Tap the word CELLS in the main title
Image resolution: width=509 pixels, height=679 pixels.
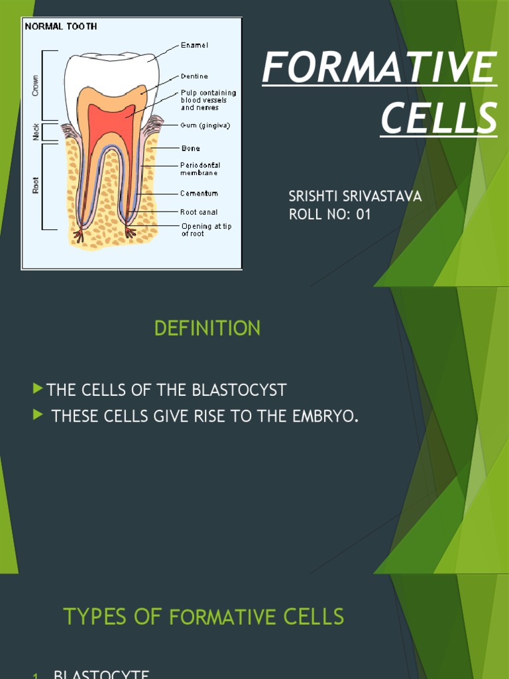tap(439, 117)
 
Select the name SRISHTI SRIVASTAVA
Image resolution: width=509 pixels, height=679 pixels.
tap(355, 196)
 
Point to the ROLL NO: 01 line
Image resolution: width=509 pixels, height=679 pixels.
tap(330, 214)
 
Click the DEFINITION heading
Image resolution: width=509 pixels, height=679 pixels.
tap(207, 328)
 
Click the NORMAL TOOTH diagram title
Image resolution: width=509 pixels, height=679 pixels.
tap(62, 27)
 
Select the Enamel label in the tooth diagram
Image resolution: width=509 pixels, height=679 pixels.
tap(194, 45)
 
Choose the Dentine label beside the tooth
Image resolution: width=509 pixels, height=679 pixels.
tap(195, 76)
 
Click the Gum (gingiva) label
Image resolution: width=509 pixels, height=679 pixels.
tap(205, 125)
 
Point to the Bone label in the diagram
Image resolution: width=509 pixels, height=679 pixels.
tap(190, 149)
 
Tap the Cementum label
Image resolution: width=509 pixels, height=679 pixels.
tap(199, 194)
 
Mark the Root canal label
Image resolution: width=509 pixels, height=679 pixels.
tap(199, 212)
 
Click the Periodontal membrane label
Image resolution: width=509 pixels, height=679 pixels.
tap(199, 168)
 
